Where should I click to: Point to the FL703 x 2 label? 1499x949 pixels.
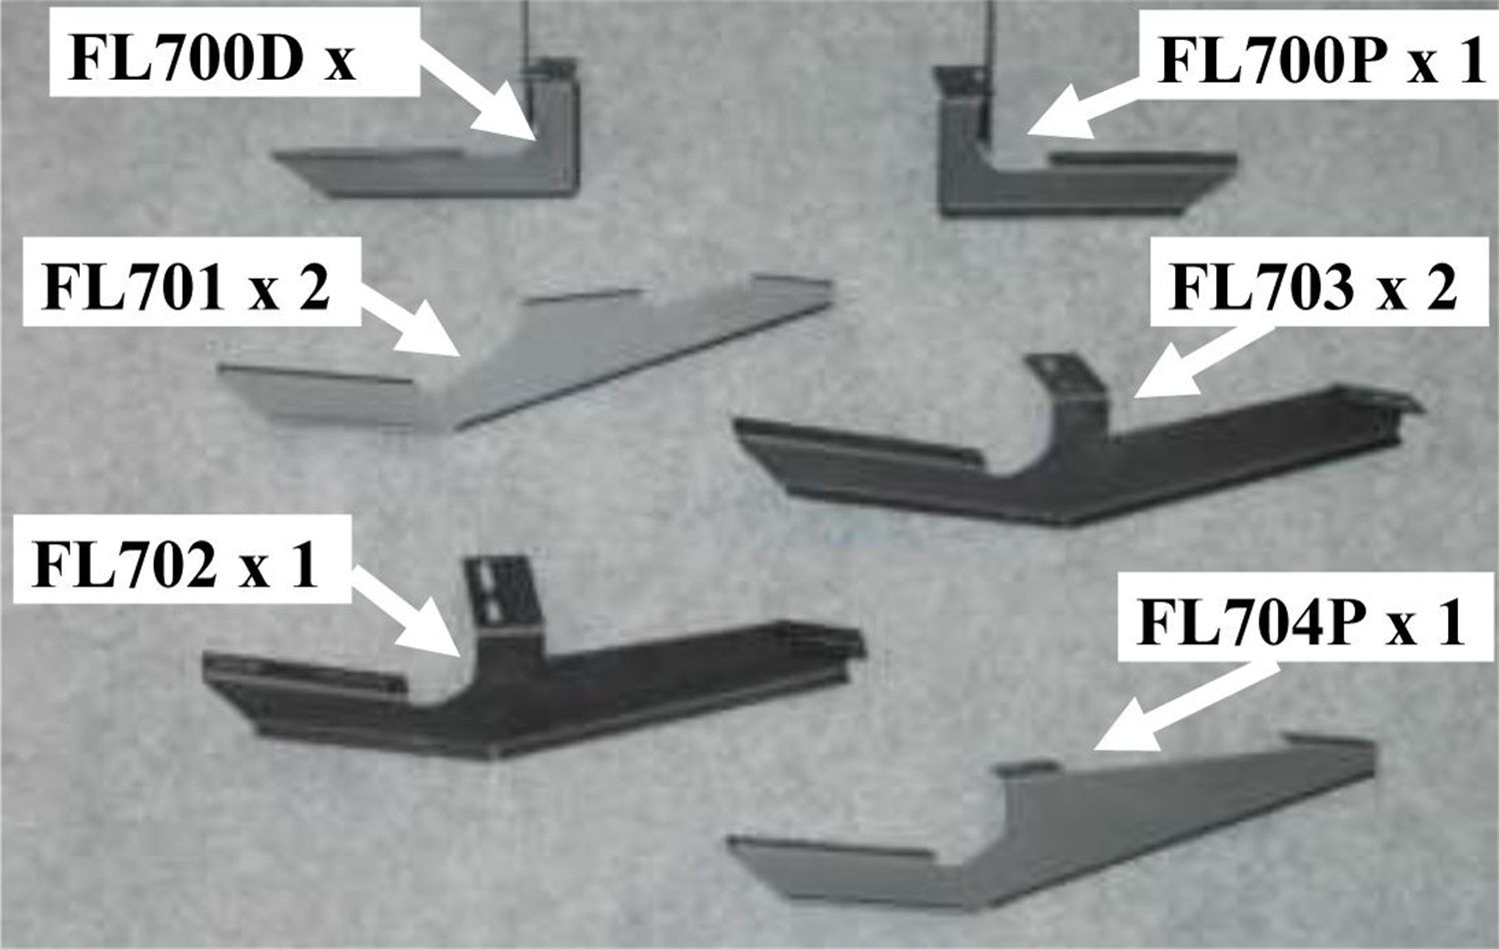click(x=1313, y=287)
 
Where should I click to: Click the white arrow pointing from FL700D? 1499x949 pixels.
click(x=479, y=94)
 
